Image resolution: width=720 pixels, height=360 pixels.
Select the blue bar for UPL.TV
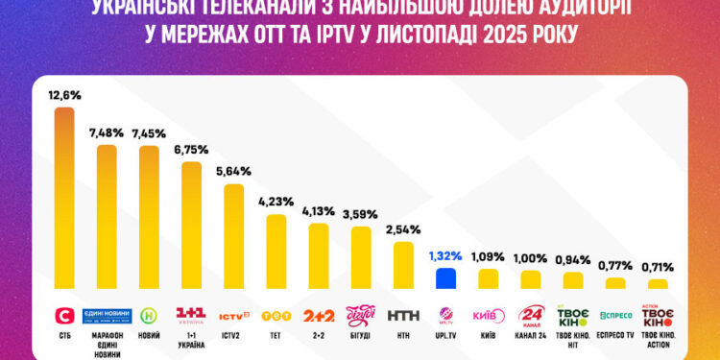point(444,278)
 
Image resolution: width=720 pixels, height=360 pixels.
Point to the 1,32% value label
point(444,256)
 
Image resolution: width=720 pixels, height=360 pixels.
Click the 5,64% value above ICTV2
point(233,172)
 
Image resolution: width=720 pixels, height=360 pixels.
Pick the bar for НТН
point(403,265)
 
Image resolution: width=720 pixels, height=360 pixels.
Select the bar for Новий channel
point(150,217)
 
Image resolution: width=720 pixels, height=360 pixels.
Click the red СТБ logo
point(63,314)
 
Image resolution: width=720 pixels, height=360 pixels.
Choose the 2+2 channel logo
point(319,315)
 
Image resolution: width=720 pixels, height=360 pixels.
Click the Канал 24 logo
point(531,315)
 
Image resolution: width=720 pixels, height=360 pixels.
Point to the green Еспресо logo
point(615,314)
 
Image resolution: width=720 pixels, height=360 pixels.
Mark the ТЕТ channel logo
point(276,314)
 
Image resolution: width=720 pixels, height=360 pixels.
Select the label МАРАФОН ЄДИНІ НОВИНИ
point(107,343)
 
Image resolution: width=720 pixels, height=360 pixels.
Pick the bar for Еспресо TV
point(615,283)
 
